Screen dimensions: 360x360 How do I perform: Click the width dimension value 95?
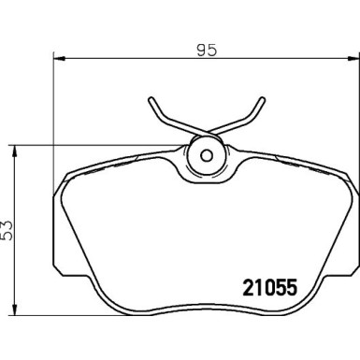pyautogui.click(x=207, y=50)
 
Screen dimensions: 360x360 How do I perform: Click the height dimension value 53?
pyautogui.click(x=7, y=230)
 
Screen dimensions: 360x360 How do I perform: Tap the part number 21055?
pyautogui.click(x=270, y=288)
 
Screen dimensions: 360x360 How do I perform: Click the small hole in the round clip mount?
pyautogui.click(x=206, y=155)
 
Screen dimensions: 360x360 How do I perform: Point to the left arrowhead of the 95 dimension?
pyautogui.click(x=59, y=58)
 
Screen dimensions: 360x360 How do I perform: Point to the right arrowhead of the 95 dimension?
pyautogui.click(x=353, y=58)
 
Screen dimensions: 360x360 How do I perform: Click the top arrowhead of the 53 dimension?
pyautogui.click(x=14, y=151)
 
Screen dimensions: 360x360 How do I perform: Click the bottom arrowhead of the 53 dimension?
pyautogui.click(x=14, y=310)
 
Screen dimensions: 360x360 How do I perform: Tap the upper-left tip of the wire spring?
pyautogui.click(x=151, y=99)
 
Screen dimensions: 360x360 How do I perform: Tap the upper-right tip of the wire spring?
pyautogui.click(x=263, y=99)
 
